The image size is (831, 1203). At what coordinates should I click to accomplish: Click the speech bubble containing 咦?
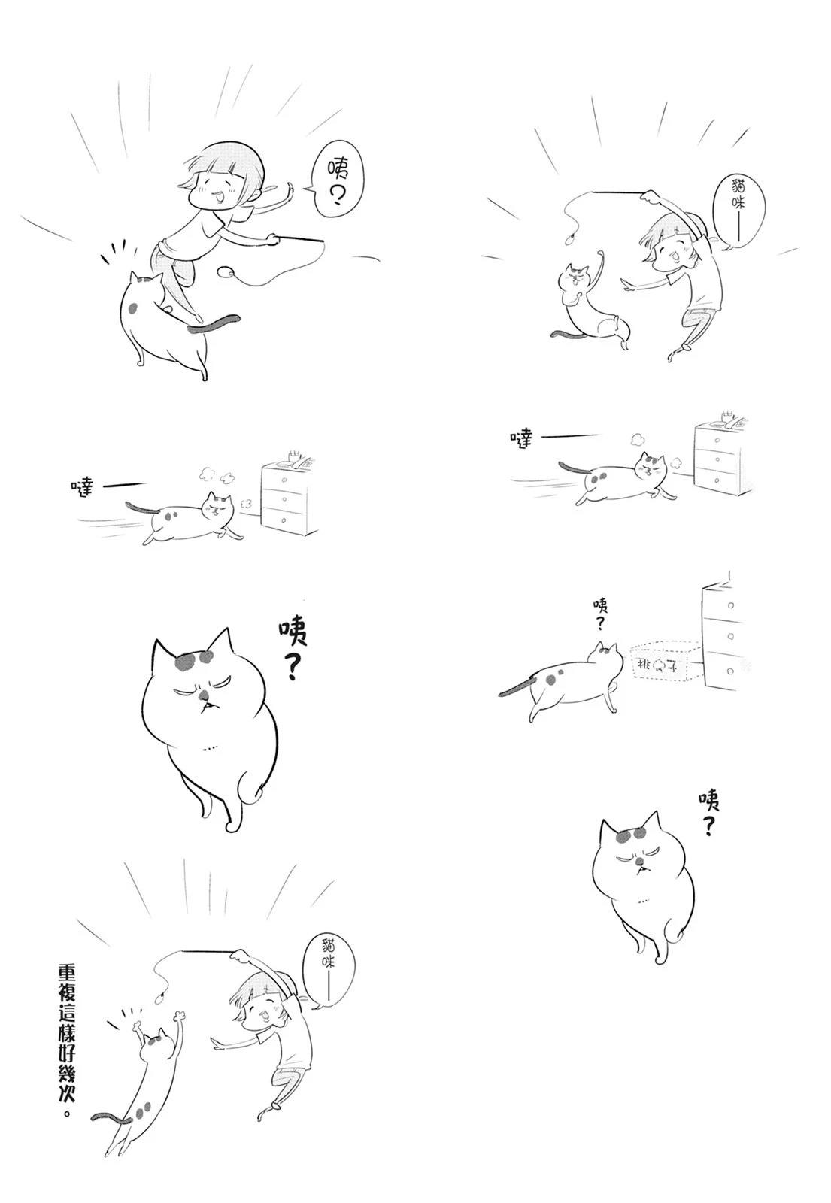338,181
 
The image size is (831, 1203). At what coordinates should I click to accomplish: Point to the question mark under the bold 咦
293,665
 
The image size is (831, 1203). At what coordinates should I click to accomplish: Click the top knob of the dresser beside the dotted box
730,605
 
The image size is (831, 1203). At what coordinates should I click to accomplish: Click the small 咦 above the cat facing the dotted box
600,606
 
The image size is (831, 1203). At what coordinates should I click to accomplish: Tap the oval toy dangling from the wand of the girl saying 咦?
227,271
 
